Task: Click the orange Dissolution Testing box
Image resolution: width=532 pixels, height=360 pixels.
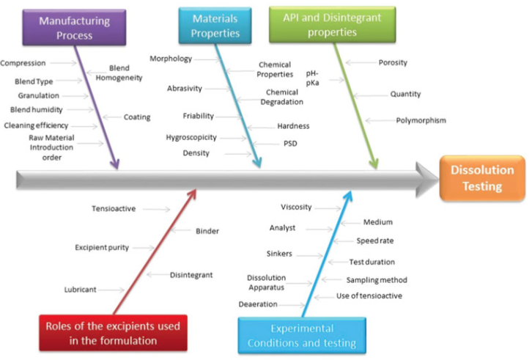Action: pyautogui.click(x=481, y=178)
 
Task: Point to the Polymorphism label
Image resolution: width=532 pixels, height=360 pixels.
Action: pyautogui.click(x=421, y=120)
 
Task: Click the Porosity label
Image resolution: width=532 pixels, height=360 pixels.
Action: pyautogui.click(x=393, y=63)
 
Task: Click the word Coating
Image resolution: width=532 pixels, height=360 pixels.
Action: pyautogui.click(x=137, y=117)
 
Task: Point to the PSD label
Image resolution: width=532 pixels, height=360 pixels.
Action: pyautogui.click(x=290, y=144)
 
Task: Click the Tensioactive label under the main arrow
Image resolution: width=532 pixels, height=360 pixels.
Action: pyautogui.click(x=114, y=209)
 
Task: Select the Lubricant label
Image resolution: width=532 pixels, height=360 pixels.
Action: pyautogui.click(x=80, y=290)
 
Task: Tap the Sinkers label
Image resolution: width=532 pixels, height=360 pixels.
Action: pyautogui.click(x=279, y=254)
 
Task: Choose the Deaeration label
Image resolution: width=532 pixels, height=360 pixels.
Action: pyautogui.click(x=258, y=304)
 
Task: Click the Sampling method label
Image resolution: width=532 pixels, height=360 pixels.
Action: pyautogui.click(x=376, y=280)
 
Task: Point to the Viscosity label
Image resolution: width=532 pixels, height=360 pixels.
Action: pyautogui.click(x=296, y=207)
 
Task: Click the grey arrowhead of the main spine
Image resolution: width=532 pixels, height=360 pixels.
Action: pyautogui.click(x=427, y=178)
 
